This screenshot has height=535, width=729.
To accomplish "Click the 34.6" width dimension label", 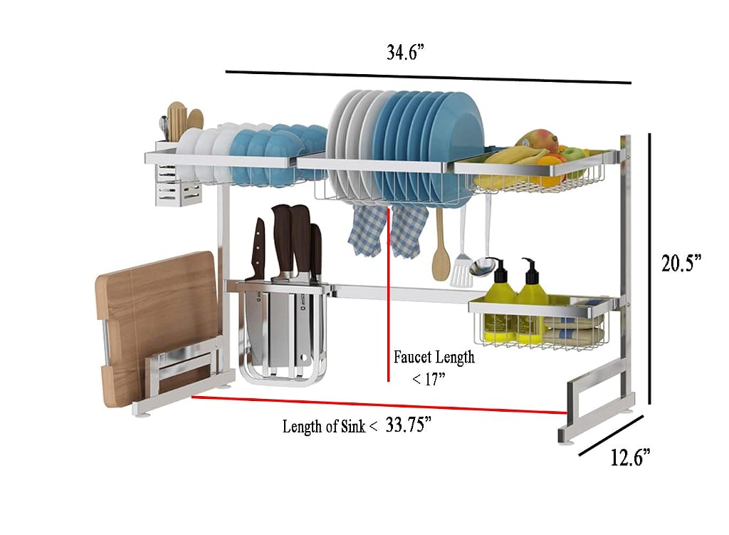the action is (405, 52).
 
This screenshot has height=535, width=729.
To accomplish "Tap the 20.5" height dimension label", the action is (681, 264).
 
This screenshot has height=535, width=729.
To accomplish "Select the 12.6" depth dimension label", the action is (630, 458).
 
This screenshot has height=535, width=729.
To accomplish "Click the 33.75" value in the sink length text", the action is (408, 425).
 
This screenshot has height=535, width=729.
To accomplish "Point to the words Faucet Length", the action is (434, 358).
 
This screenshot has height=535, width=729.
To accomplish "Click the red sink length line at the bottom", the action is (379, 405).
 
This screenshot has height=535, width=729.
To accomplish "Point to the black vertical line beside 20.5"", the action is (649, 269).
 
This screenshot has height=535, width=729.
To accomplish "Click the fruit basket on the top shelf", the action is (535, 167).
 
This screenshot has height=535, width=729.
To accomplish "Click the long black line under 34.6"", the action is (428, 77).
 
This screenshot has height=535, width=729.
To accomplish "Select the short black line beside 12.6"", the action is (611, 435).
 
